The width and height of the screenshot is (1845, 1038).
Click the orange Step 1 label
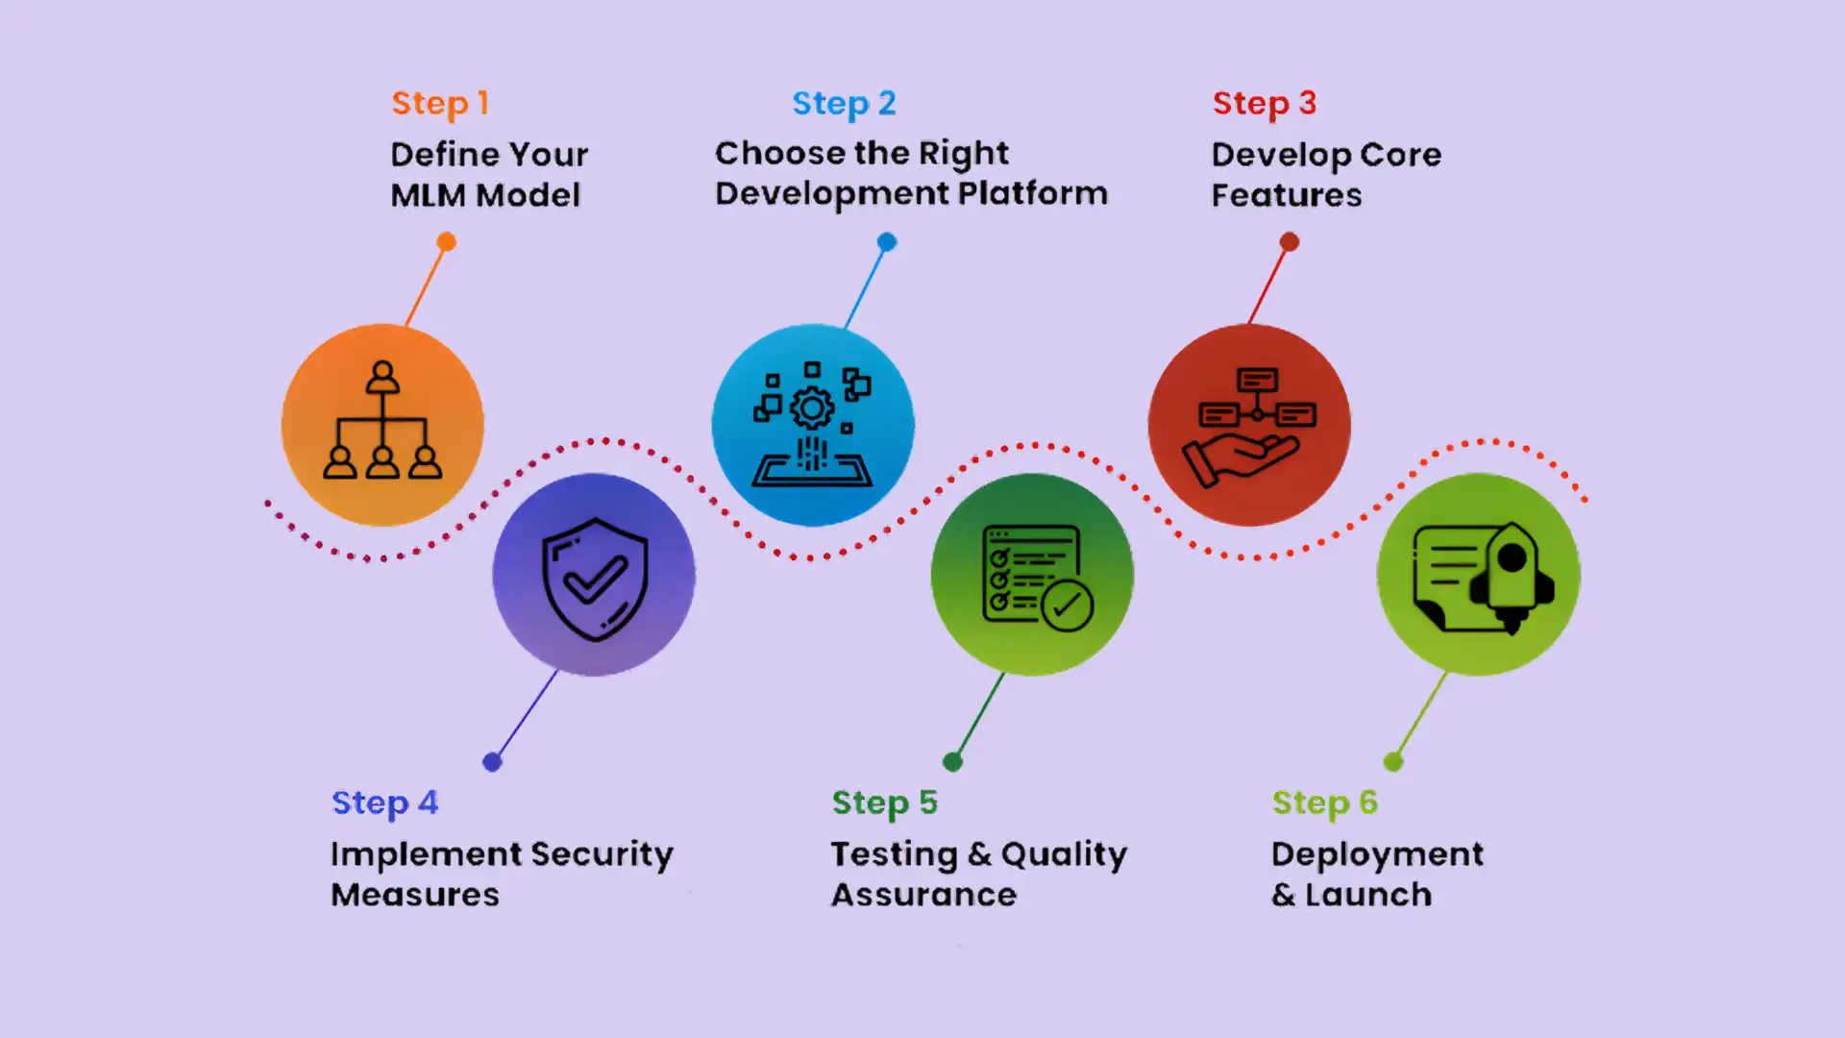(440, 103)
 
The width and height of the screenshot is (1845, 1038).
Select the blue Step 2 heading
(843, 103)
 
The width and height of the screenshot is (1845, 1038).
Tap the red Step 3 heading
(1264, 103)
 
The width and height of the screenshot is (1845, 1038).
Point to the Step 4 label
(384, 803)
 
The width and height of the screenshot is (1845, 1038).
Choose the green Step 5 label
(884, 803)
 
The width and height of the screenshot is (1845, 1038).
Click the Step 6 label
(1324, 803)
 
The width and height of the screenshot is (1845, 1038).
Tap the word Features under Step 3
(1286, 195)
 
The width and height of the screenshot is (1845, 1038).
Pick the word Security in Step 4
(602, 854)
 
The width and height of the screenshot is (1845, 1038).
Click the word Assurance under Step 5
(923, 895)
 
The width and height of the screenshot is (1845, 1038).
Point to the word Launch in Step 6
(1367, 895)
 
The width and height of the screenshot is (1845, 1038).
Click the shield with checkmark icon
(595, 578)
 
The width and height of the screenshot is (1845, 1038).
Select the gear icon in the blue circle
(812, 408)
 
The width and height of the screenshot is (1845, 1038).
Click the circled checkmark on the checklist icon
(1067, 605)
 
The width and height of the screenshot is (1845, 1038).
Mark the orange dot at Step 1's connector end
(446, 242)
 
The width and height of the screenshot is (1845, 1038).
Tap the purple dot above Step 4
(492, 762)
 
